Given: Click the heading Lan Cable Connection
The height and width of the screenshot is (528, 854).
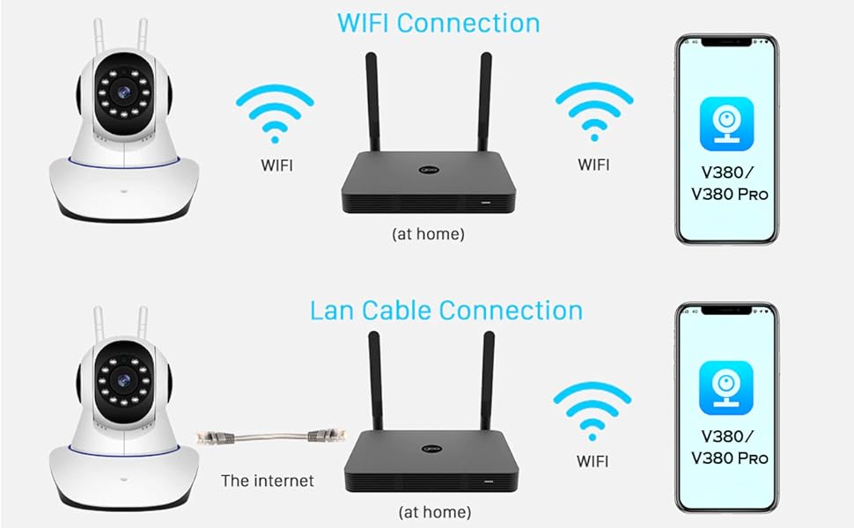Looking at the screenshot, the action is tap(445, 311).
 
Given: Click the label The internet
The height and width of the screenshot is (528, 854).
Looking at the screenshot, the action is tap(267, 480).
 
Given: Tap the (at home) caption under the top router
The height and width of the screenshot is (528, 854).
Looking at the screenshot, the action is tap(428, 234).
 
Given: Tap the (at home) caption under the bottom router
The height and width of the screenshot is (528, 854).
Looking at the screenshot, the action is tap(434, 511).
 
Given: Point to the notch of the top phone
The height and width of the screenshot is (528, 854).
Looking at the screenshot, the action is tap(726, 41).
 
